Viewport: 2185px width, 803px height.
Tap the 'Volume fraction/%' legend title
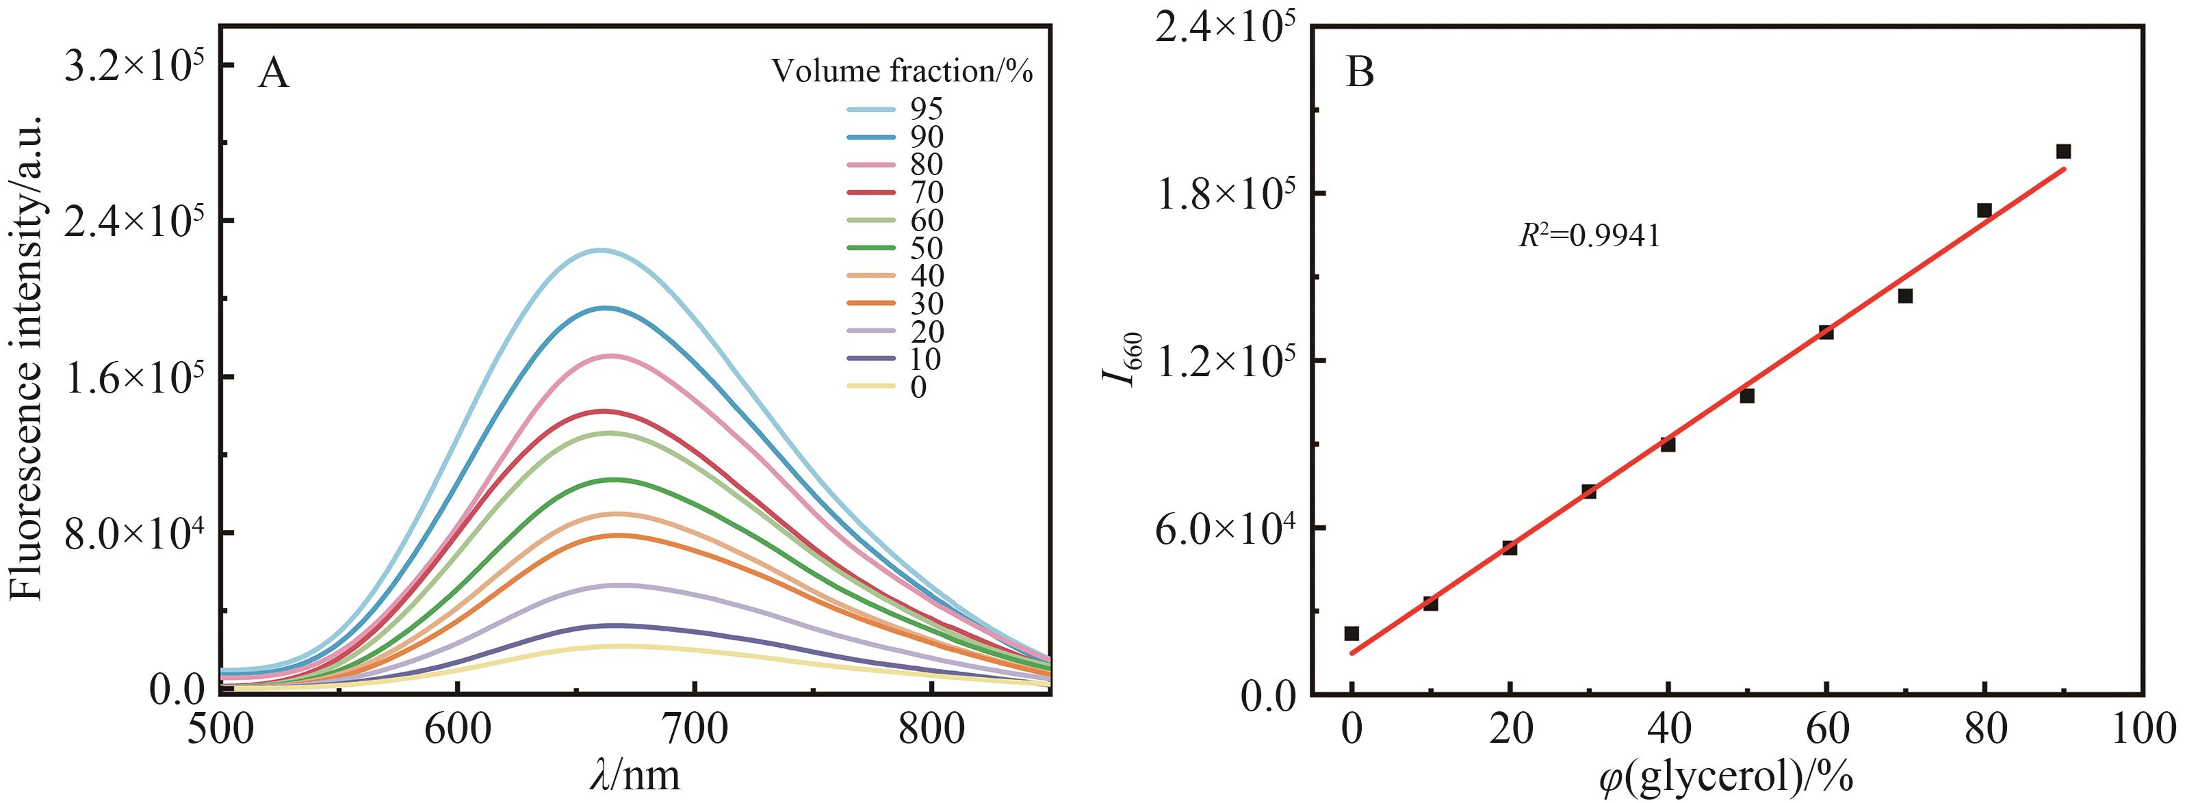(902, 72)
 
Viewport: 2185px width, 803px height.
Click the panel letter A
(273, 74)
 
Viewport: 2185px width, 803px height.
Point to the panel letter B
(1360, 74)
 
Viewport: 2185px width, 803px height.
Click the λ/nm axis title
(635, 775)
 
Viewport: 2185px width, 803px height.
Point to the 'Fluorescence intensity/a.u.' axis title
(27, 358)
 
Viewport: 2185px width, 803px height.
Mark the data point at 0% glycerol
(1352, 633)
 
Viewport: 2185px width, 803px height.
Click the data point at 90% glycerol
(2064, 152)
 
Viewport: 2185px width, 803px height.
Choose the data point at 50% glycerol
(1746, 396)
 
